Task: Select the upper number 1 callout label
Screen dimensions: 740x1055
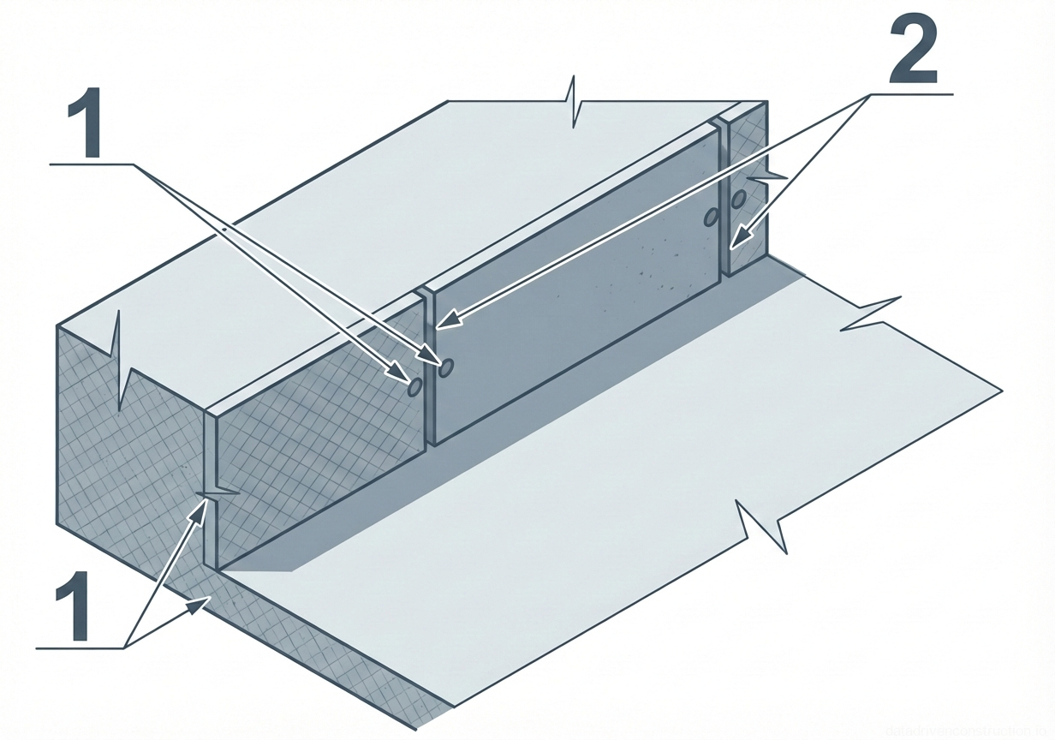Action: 85,126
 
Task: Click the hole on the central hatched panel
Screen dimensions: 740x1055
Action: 414,387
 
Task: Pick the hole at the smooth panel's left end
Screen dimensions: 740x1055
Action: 445,367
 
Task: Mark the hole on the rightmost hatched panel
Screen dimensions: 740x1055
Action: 736,200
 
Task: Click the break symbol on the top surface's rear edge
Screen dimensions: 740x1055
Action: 572,103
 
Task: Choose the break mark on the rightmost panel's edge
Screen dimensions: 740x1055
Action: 766,176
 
